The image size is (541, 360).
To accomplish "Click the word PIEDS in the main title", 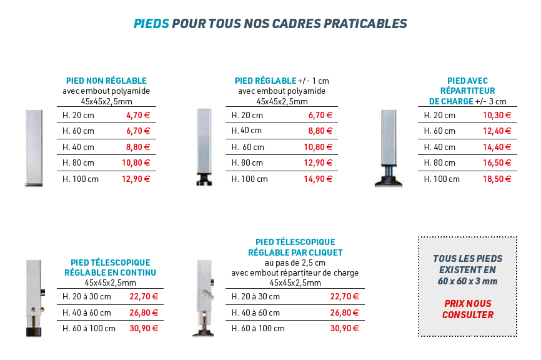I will tap(151, 24).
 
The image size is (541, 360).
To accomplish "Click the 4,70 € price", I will tap(138, 115).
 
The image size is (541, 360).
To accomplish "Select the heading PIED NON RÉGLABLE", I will tap(106, 81).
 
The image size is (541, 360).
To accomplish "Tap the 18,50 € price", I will tap(497, 179).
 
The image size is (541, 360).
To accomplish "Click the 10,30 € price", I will tap(497, 115).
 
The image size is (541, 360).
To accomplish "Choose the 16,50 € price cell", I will tap(497, 163).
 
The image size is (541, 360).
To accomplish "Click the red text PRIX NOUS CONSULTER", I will tap(468, 309).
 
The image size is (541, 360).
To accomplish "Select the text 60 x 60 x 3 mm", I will tap(467, 281).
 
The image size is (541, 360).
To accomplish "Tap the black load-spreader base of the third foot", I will tap(389, 182).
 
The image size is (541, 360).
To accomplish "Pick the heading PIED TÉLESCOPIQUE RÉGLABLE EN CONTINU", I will tap(110, 267).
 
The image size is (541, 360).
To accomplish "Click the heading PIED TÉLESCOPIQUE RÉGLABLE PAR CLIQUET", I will tap(295, 247).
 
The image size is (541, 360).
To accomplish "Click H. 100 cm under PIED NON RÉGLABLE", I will tap(81, 179).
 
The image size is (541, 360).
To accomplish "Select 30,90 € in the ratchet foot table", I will tap(344, 328).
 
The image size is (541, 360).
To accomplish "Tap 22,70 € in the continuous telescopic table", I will tap(144, 296).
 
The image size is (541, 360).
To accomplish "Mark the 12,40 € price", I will tap(497, 131).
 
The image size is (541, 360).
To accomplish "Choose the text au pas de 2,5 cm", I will tap(295, 263).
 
